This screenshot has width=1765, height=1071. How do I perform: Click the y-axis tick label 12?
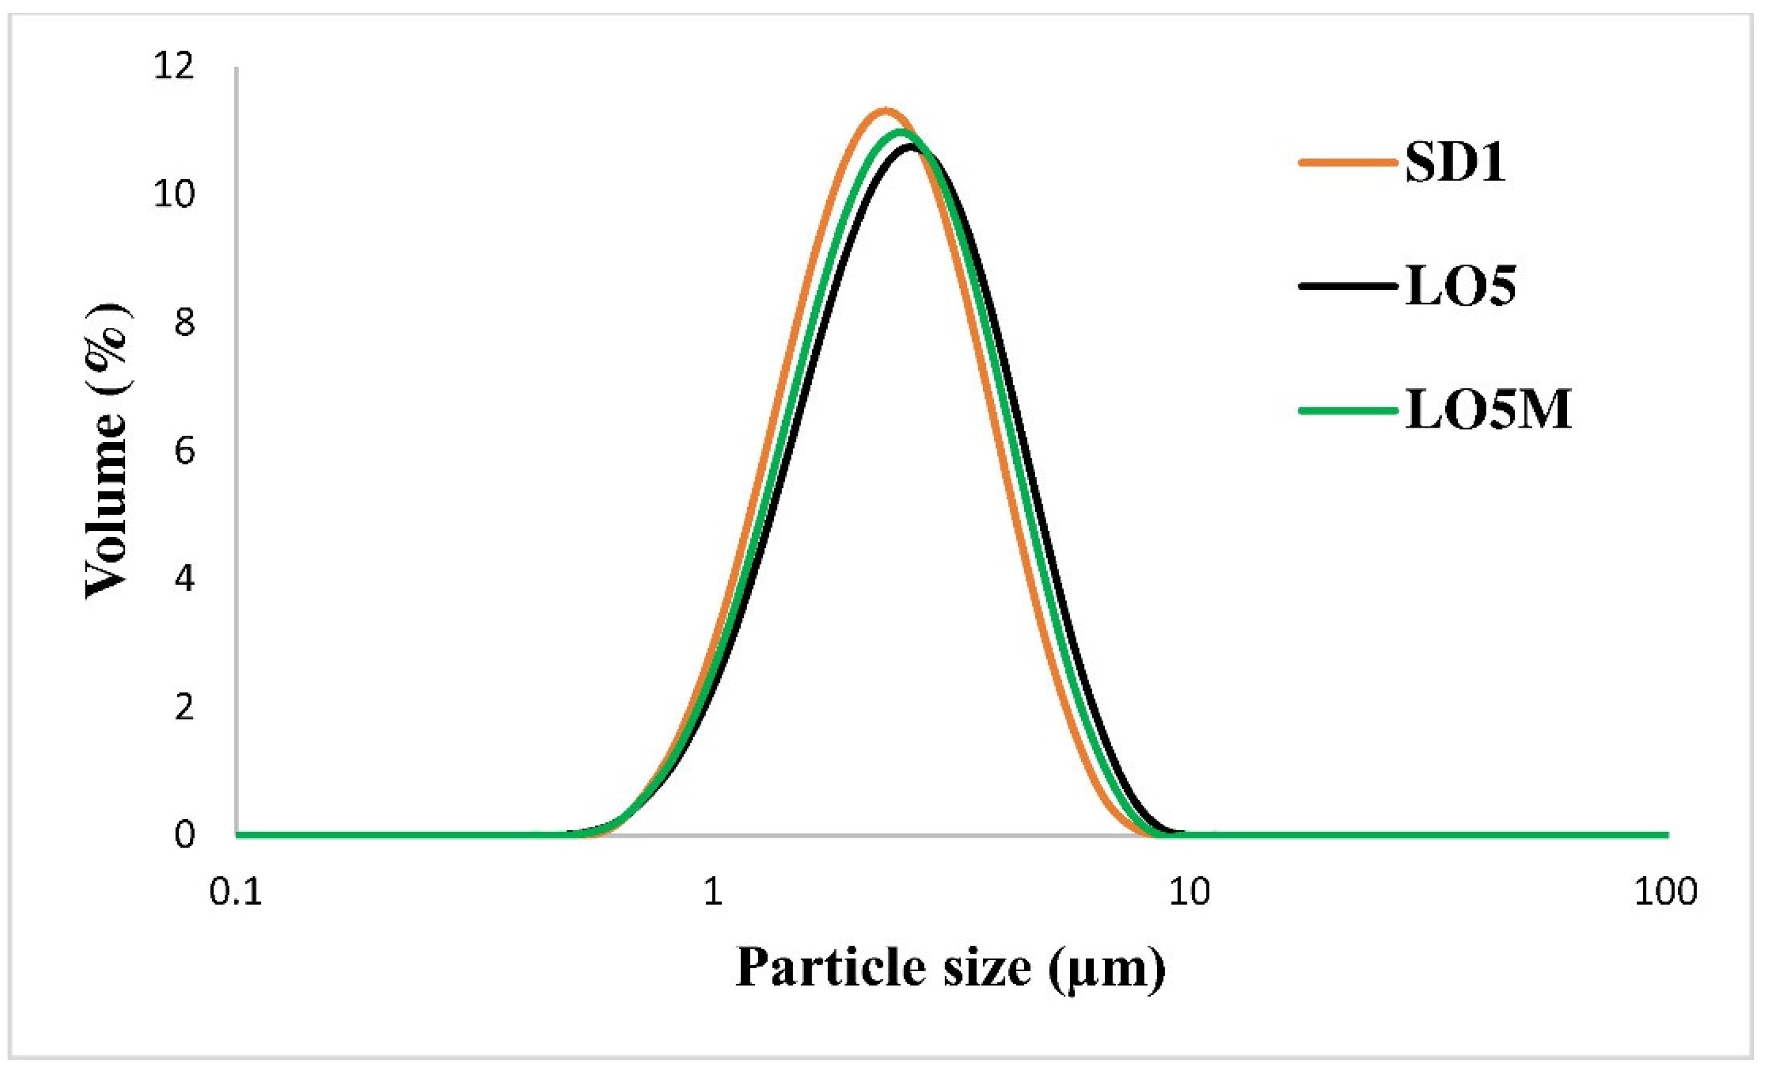coord(174,67)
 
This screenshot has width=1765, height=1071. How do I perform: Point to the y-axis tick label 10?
coord(174,195)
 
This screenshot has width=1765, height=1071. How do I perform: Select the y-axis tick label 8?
coord(184,323)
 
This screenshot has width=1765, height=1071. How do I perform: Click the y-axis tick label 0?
coord(184,835)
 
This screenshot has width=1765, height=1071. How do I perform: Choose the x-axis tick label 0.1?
coord(236,893)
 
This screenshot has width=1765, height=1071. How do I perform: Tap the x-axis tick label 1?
coord(712,893)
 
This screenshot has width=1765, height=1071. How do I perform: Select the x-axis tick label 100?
coord(1666,893)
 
